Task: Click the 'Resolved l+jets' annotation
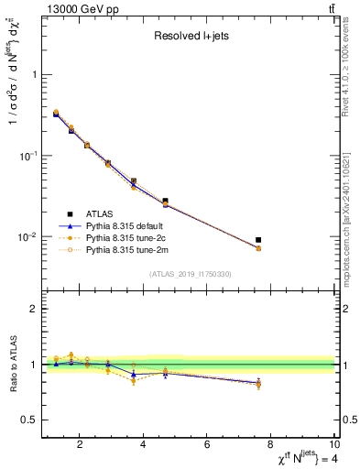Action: point(190,37)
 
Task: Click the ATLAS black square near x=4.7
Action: point(166,201)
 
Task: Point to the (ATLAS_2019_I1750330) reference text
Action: point(190,274)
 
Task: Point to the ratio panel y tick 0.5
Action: point(32,420)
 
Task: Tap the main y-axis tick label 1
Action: point(36,75)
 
